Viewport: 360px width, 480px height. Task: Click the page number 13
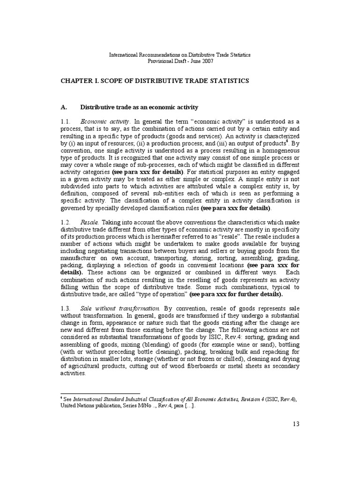click(x=295, y=424)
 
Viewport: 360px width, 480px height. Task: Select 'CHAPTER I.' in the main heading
click(x=81, y=81)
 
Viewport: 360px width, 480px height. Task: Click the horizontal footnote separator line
click(x=100, y=394)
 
